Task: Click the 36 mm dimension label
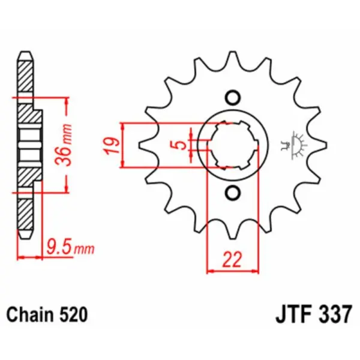click(68, 145)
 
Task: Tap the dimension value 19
click(110, 145)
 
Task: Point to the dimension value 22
click(233, 260)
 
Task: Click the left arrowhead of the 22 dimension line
click(210, 271)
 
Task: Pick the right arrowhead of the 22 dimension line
click(256, 271)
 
